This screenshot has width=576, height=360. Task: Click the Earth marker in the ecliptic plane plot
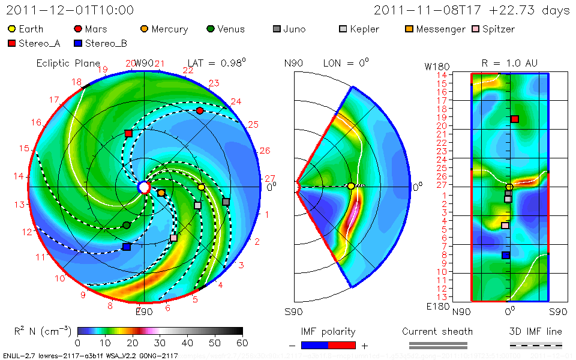coord(202,188)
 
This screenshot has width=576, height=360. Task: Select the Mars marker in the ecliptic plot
coord(200,111)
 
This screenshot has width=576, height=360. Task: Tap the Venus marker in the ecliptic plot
coord(127,225)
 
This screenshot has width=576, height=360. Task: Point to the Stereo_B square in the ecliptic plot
coord(127,247)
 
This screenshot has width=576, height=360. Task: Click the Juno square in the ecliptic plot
coord(226,202)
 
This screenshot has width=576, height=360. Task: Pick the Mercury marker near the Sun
coord(161,193)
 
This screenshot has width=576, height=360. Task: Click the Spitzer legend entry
coord(493,29)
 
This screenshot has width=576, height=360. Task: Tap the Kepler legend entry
coord(361,29)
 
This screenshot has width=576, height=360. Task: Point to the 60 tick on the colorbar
coord(242,343)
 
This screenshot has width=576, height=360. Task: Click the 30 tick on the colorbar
coord(160,343)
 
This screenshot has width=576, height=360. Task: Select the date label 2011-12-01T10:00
coord(70,10)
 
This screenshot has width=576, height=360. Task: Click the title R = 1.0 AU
coord(509,63)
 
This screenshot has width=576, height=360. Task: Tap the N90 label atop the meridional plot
coord(293,63)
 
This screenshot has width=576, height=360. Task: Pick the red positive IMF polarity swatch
coord(342,345)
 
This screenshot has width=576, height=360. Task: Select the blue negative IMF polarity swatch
coord(314,345)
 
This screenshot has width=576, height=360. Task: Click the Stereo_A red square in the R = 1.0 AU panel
coord(514,119)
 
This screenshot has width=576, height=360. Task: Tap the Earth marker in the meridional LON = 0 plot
coord(351,187)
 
